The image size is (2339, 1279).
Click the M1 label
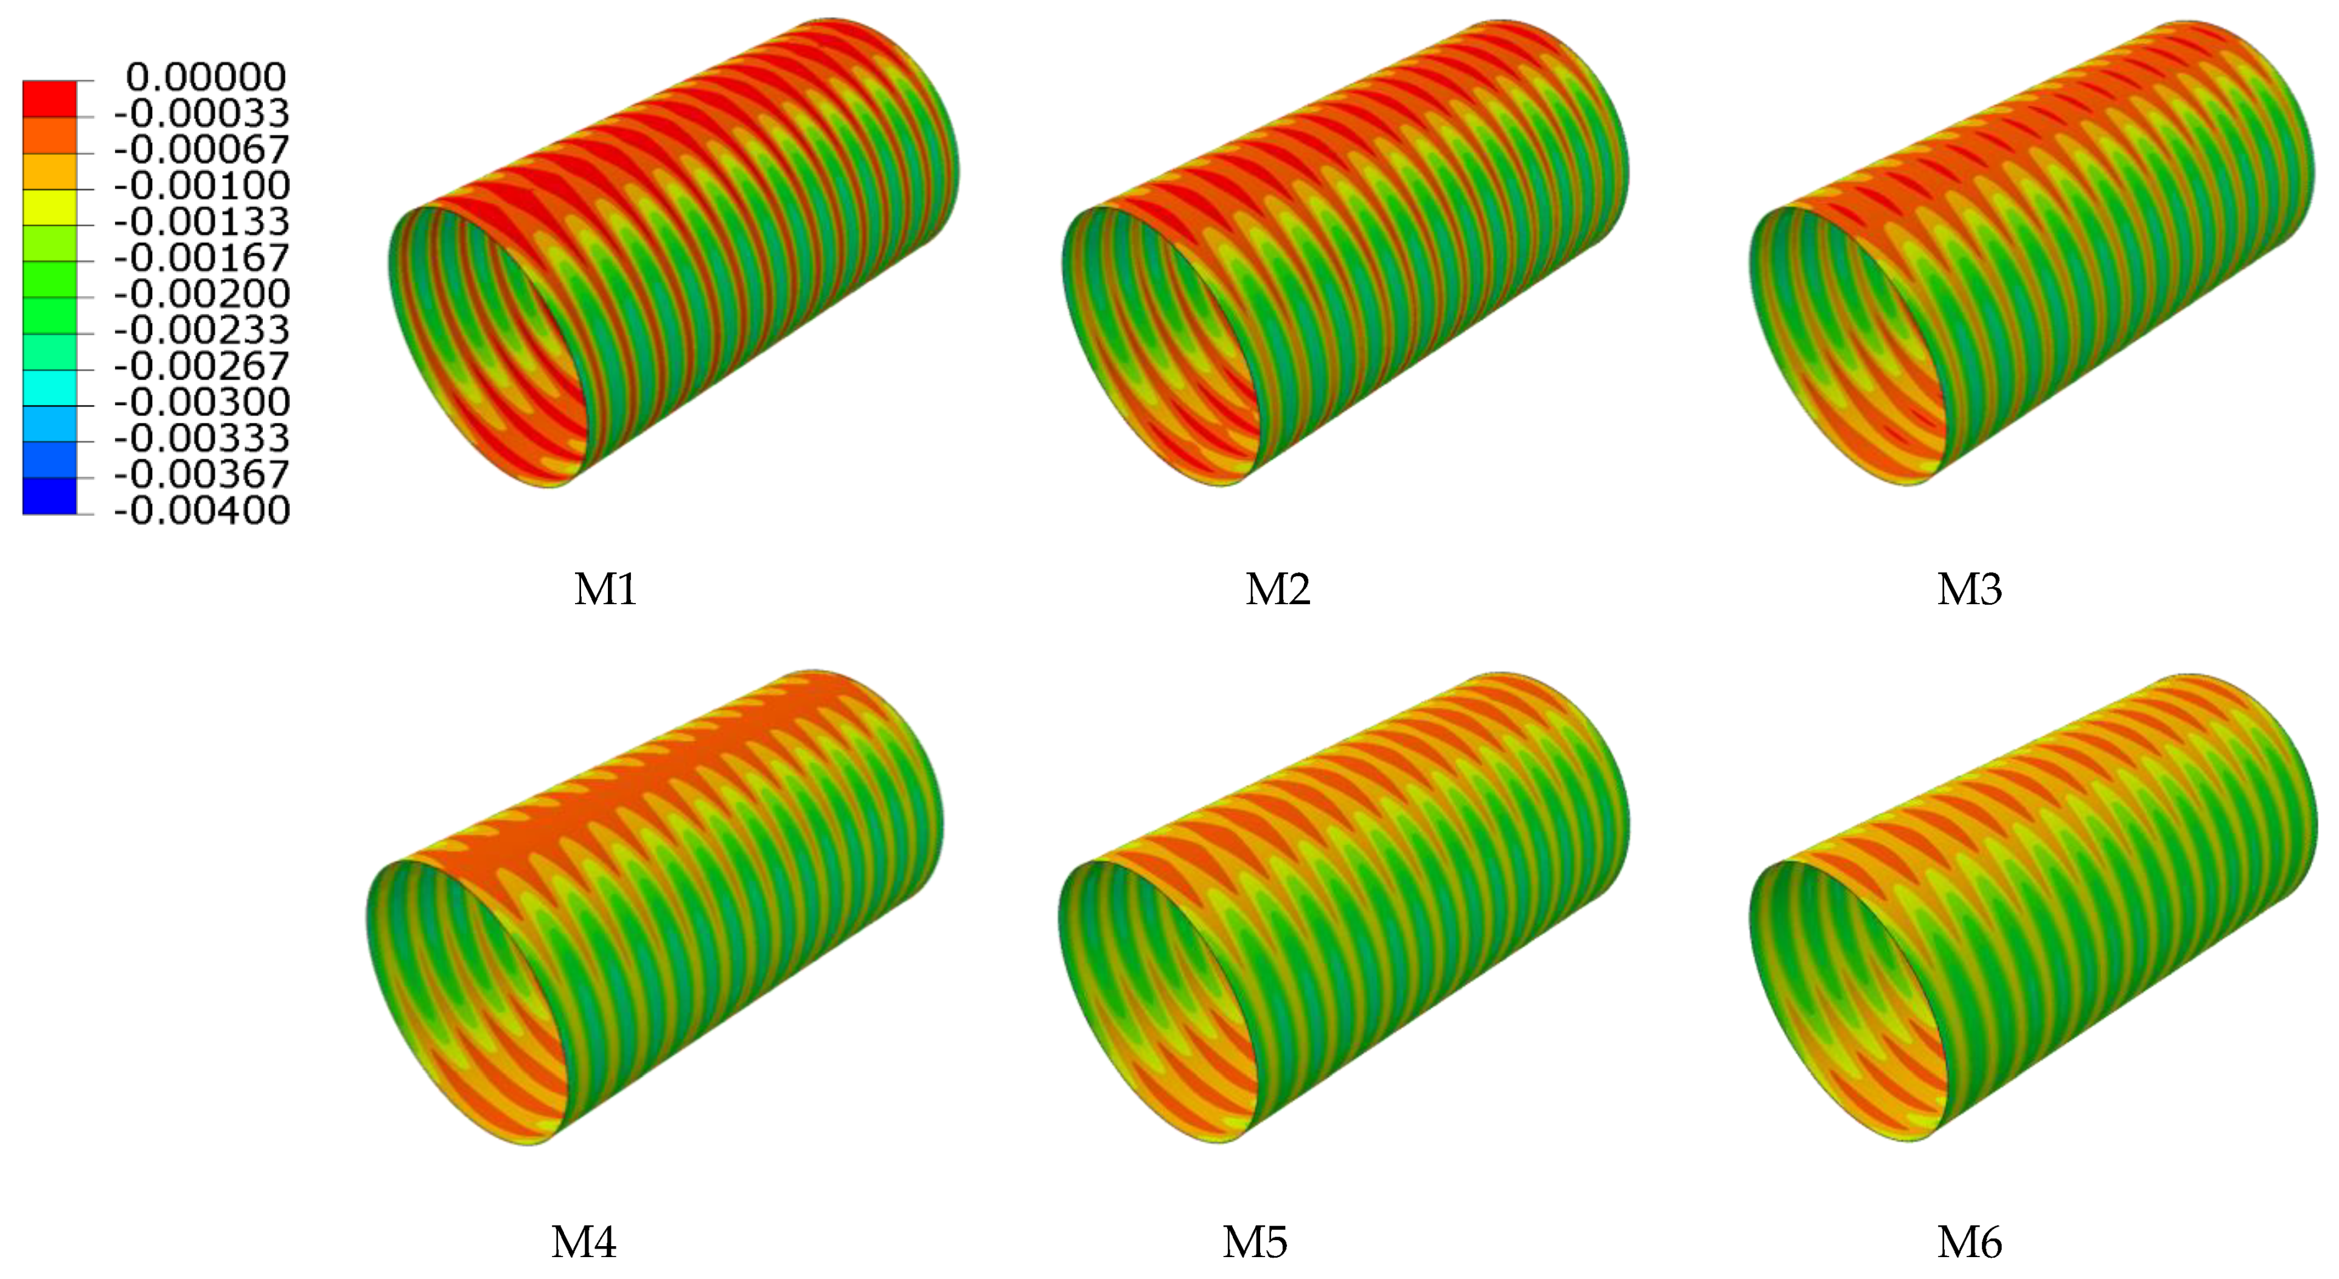[605, 590]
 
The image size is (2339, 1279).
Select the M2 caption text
[1278, 590]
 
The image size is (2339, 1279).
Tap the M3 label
[1970, 590]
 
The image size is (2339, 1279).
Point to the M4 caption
[584, 1242]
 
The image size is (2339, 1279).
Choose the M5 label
[1255, 1242]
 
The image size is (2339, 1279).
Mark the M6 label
[1970, 1242]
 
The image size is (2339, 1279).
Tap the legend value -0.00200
[201, 294]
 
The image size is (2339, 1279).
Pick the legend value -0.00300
[201, 402]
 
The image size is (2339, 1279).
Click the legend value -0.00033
[201, 113]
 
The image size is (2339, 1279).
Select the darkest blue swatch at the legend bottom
[50, 497]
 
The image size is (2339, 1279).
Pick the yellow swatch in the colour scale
[50, 207]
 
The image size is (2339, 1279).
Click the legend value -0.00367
[201, 475]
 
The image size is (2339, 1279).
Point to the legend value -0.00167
[201, 259]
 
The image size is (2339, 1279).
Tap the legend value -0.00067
[201, 150]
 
